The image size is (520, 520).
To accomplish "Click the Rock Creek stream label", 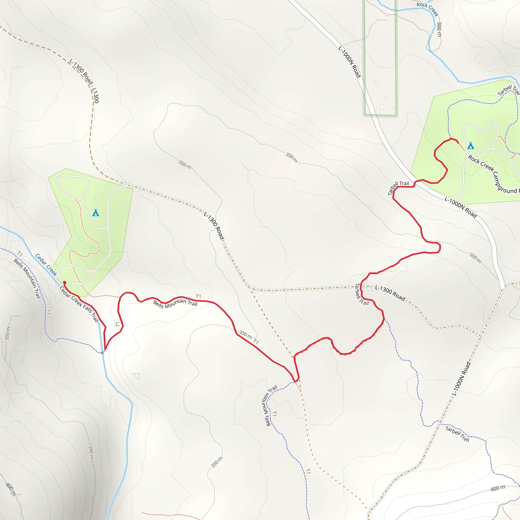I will click(427, 9).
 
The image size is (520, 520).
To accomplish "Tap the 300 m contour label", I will click(439, 29).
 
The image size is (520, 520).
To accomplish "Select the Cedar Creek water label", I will click(46, 265).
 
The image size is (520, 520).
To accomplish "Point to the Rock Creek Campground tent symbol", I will click(470, 146).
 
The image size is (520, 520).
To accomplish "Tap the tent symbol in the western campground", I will click(95, 213).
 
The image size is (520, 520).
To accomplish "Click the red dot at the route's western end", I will click(64, 282).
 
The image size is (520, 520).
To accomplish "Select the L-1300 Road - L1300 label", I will click(84, 81).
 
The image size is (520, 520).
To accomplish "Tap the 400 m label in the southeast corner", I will click(498, 488).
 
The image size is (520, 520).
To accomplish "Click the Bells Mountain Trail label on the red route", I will click(175, 304).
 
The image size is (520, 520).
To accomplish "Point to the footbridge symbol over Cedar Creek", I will click(102, 352).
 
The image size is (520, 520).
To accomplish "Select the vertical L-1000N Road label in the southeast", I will click(461, 379).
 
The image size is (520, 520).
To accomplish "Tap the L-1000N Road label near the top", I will click(349, 62).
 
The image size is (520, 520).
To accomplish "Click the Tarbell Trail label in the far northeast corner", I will click(508, 90).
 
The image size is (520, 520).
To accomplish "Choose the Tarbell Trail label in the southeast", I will click(457, 434).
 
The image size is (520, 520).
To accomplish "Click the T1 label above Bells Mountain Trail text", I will click(198, 296).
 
